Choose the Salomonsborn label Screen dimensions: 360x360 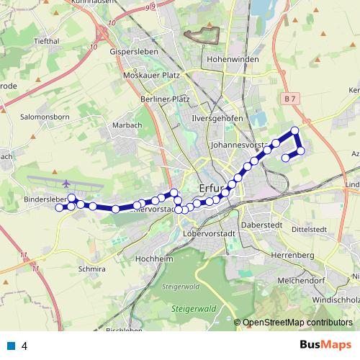tap(45, 116)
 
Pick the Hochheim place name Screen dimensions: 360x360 tap(150, 258)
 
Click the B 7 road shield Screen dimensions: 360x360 tap(289, 97)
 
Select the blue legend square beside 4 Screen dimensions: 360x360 tap(12, 345)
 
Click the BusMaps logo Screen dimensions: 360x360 tap(322, 345)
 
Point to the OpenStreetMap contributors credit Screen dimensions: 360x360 tap(297, 323)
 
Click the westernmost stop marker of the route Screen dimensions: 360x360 tap(59, 207)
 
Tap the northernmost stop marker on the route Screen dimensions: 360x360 tap(294, 130)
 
